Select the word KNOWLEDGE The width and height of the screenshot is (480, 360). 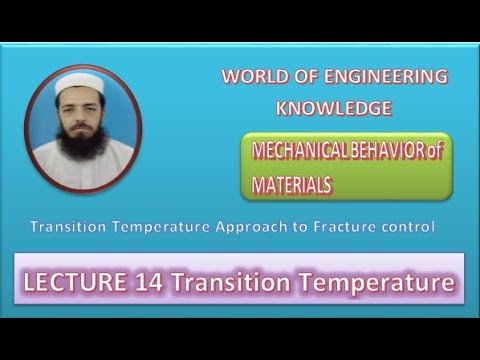(334, 108)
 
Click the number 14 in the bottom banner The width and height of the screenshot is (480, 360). (149, 284)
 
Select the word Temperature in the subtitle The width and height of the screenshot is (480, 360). (158, 227)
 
